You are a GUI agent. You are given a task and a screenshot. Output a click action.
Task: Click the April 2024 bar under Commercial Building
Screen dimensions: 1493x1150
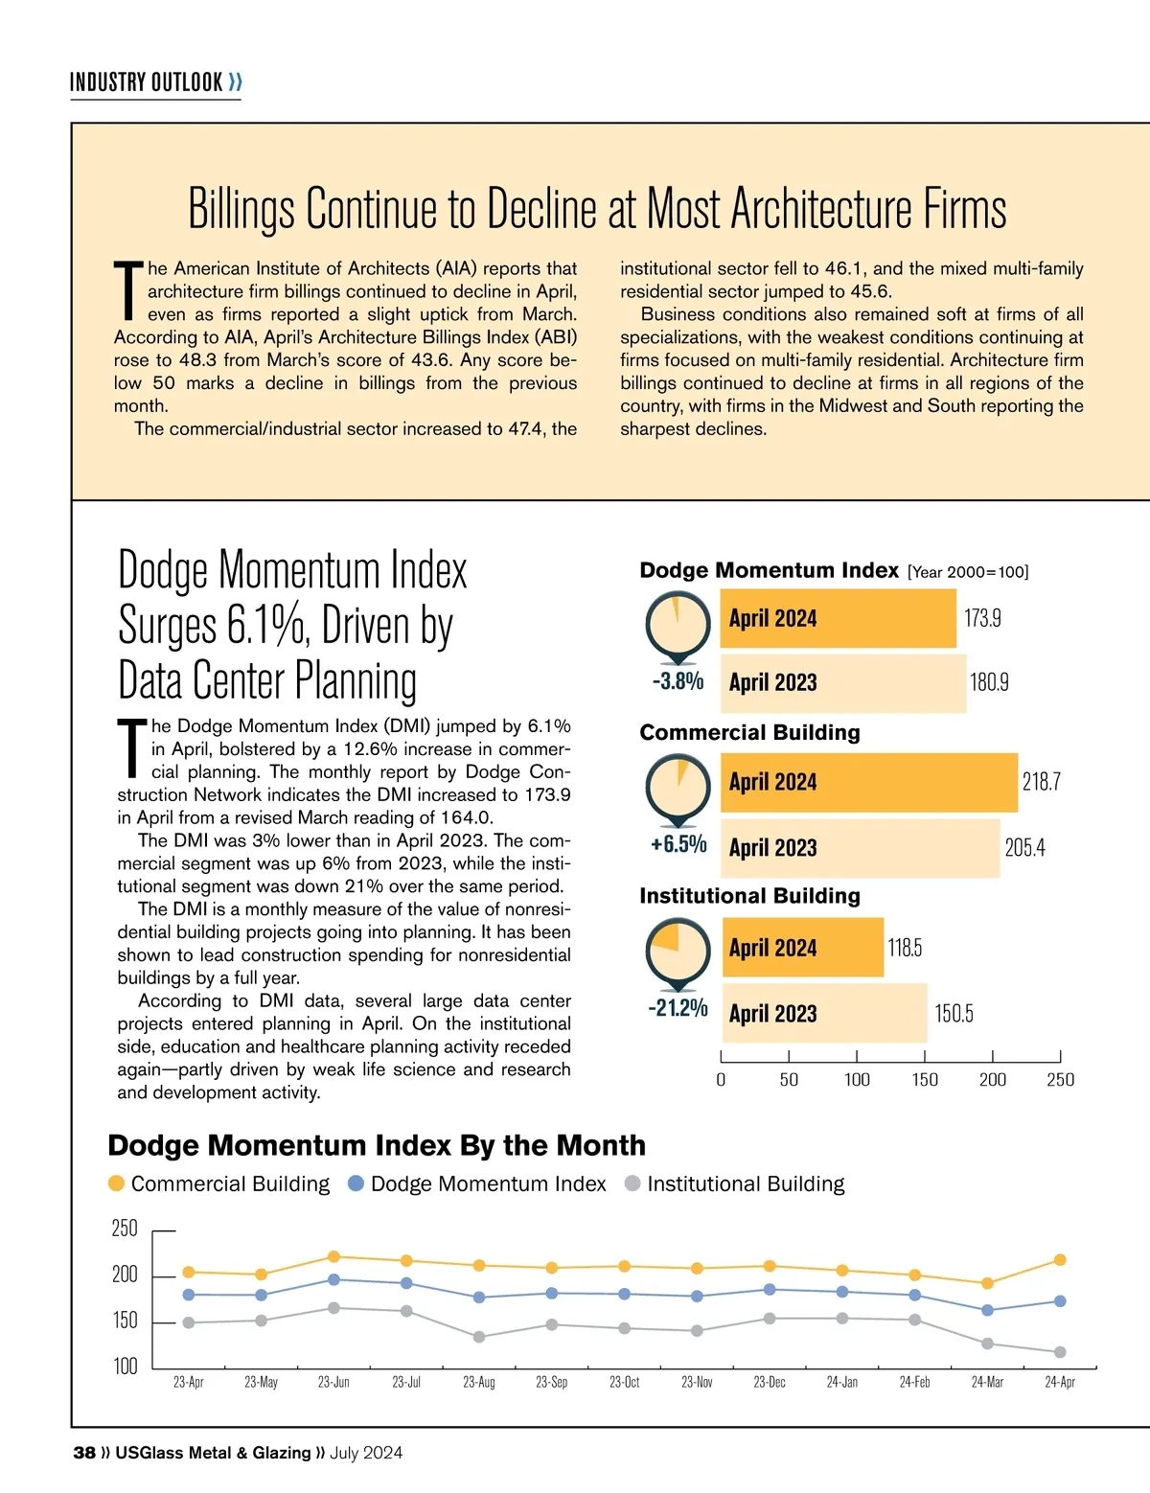[869, 782]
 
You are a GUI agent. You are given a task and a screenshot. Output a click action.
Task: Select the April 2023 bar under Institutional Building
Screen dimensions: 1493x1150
[824, 1013]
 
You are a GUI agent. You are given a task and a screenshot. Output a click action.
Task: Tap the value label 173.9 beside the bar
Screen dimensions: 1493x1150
[982, 618]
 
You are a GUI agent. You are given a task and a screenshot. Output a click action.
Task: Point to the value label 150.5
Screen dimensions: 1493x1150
[954, 1013]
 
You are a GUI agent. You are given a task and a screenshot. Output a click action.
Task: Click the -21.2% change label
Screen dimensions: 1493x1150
[678, 1008]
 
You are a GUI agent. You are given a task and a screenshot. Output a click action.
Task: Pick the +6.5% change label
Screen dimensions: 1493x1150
[678, 844]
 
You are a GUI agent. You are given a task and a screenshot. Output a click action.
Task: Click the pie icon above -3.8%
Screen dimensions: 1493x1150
[678, 623]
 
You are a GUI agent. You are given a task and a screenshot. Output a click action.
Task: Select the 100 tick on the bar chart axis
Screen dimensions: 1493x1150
[857, 1080]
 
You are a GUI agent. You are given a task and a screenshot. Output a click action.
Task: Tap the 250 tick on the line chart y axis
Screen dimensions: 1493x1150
[125, 1229]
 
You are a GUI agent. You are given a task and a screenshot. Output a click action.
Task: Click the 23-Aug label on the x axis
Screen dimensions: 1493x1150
[479, 1382]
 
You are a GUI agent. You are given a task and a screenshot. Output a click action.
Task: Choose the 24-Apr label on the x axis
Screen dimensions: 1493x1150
[1060, 1382]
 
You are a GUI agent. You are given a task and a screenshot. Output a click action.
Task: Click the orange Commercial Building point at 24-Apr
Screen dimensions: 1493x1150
[1060, 1260]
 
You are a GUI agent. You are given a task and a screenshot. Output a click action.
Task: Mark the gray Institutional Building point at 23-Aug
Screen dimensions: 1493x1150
[479, 1337]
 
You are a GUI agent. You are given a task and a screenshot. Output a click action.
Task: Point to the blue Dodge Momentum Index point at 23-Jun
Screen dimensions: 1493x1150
[333, 1279]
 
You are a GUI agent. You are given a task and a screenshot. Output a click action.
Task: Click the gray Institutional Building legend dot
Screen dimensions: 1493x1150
[632, 1183]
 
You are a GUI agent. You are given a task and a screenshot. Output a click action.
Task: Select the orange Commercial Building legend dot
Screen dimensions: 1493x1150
[117, 1183]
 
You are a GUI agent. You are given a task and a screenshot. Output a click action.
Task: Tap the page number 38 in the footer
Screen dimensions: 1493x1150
[84, 1453]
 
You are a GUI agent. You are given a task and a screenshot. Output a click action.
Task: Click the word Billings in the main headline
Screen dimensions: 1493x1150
[241, 209]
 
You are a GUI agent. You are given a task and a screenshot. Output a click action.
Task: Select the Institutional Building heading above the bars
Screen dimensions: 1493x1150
[749, 896]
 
